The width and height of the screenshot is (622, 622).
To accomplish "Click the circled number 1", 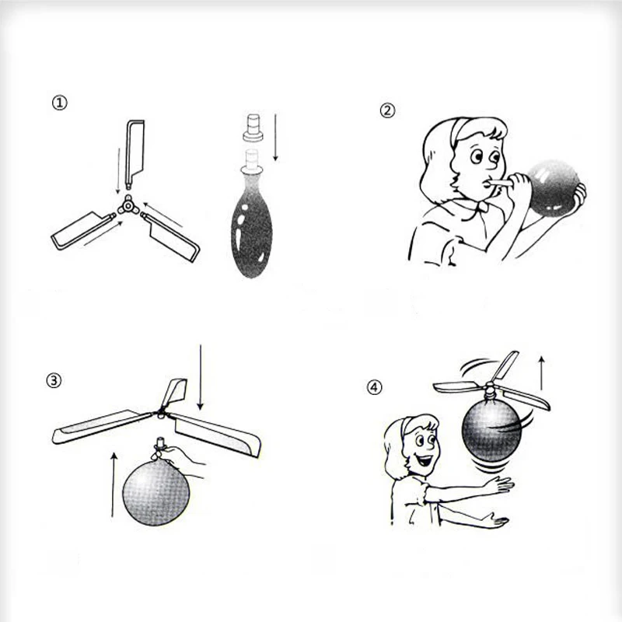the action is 60,103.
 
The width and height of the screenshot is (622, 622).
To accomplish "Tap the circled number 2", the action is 387,110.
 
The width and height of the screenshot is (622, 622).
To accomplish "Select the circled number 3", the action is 54,381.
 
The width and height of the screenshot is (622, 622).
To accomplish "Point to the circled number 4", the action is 374,387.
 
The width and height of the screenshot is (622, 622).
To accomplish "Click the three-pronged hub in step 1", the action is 128,205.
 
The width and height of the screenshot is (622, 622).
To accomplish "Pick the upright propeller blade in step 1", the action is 135,154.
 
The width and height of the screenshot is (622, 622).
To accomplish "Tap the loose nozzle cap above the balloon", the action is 253,128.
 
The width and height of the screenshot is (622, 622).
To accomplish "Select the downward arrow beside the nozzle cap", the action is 275,138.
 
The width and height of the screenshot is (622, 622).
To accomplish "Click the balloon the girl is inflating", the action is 553,187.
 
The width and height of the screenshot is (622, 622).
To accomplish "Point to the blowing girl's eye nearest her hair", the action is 477,156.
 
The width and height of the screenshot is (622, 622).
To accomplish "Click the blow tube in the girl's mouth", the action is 499,183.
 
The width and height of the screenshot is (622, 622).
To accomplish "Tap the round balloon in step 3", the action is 156,492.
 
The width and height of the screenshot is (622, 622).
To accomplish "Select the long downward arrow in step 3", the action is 201,377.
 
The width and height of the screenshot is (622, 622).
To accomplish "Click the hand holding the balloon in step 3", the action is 183,461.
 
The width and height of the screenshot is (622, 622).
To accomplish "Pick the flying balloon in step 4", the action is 491,432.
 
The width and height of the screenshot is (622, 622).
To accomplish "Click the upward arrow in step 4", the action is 541,373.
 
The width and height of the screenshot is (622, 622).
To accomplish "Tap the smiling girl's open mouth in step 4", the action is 425,460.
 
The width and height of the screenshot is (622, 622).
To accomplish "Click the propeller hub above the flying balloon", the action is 491,391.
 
